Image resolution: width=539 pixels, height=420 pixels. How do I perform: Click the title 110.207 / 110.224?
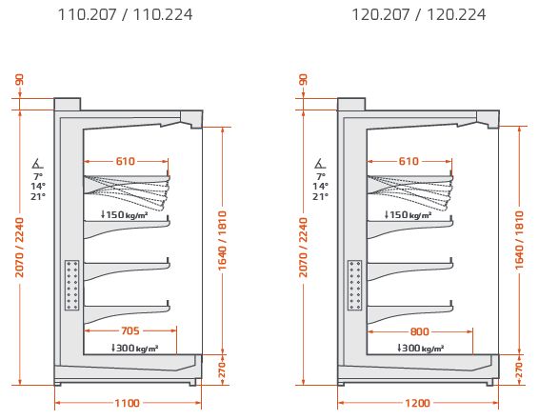point(125,14)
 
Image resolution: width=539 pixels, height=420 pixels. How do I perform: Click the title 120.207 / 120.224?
point(419,14)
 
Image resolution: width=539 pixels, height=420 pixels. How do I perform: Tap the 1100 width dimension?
point(128,403)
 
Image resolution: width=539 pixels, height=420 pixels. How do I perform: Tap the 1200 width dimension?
point(417,403)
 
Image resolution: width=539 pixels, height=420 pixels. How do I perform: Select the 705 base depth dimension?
point(130,330)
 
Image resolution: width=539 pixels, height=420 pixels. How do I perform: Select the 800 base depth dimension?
point(420,331)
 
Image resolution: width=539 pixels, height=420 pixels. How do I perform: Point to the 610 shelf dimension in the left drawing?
point(126,161)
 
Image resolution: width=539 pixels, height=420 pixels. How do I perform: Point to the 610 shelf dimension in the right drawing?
point(409,161)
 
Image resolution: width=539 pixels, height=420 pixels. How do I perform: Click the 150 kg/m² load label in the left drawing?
point(125,215)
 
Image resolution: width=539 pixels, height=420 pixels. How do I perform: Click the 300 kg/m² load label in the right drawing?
point(420,348)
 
